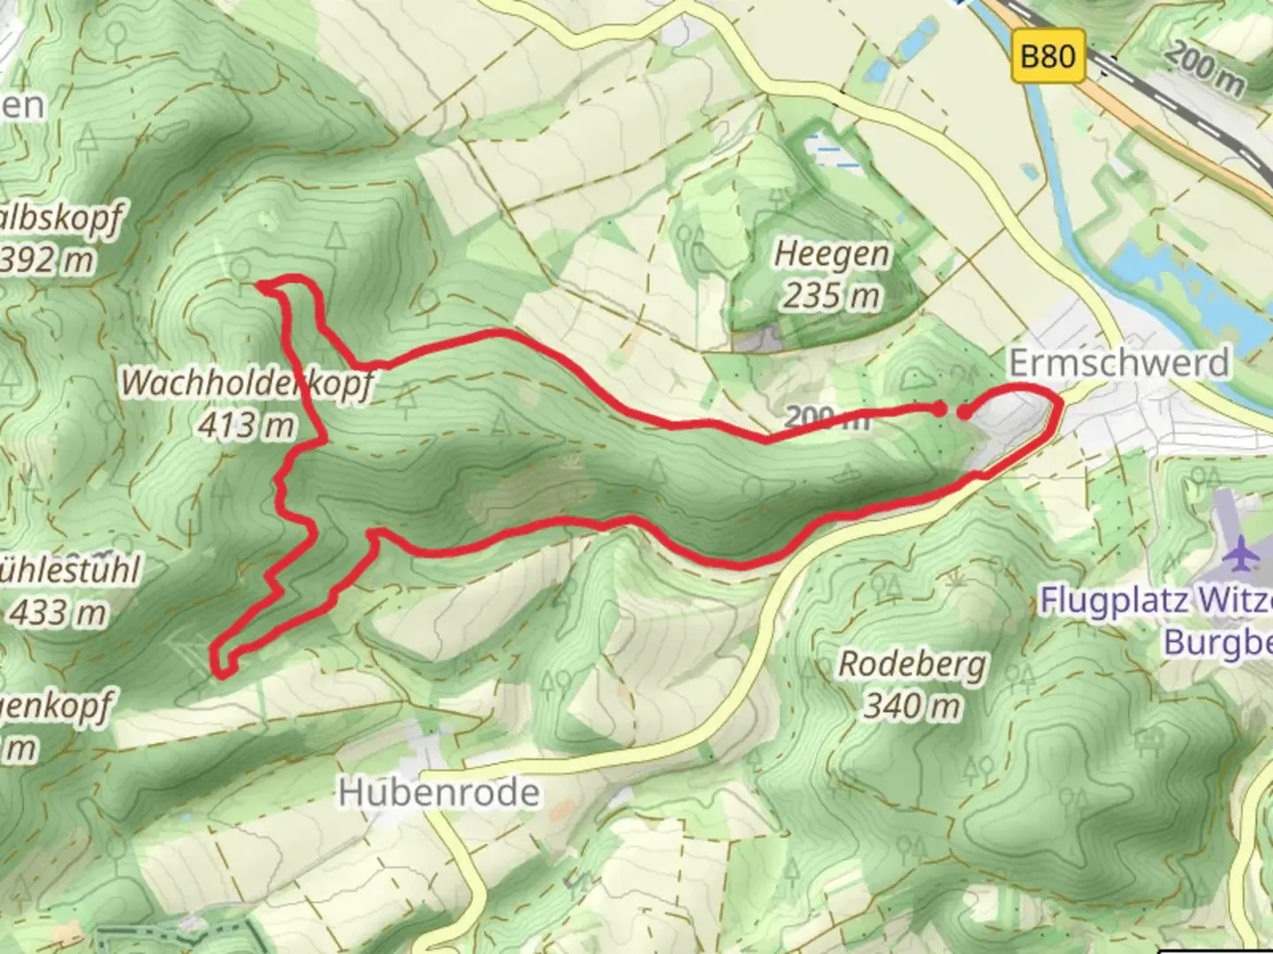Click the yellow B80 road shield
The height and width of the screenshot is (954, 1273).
(1048, 57)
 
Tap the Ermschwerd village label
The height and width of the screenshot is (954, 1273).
(1118, 363)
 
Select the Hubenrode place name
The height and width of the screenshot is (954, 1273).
(438, 792)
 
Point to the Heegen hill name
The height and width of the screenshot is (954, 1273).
(832, 254)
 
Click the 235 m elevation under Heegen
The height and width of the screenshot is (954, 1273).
(832, 295)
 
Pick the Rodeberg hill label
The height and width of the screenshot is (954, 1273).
(911, 664)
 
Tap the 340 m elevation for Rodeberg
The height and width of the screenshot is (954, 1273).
(911, 706)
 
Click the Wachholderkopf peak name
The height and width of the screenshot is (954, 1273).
(247, 384)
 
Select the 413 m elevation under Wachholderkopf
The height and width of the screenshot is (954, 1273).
(247, 426)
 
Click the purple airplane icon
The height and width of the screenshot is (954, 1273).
(1244, 554)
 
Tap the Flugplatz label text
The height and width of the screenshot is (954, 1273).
(1114, 601)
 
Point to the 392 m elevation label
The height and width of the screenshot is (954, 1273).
(49, 261)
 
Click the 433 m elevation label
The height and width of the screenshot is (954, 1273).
(58, 611)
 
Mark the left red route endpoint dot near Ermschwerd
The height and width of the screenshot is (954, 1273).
(939, 407)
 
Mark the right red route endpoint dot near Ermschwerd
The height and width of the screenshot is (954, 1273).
(964, 411)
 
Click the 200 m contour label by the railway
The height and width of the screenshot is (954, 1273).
(1203, 69)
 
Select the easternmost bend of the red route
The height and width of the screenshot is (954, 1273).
(1057, 404)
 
